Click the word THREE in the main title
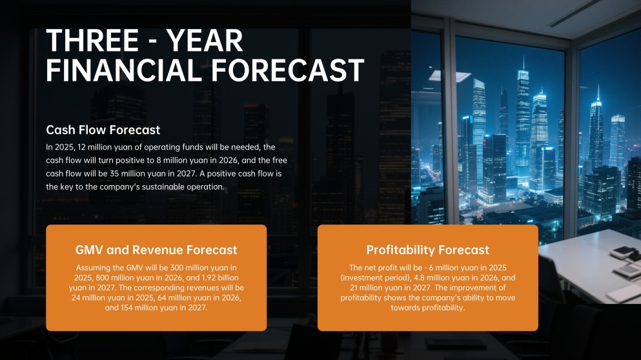[92, 41]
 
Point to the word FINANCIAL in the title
[132, 70]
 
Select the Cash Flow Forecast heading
[103, 130]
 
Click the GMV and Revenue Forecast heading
[156, 250]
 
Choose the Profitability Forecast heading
[427, 250]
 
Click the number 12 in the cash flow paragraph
[82, 147]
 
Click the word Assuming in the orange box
[94, 267]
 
